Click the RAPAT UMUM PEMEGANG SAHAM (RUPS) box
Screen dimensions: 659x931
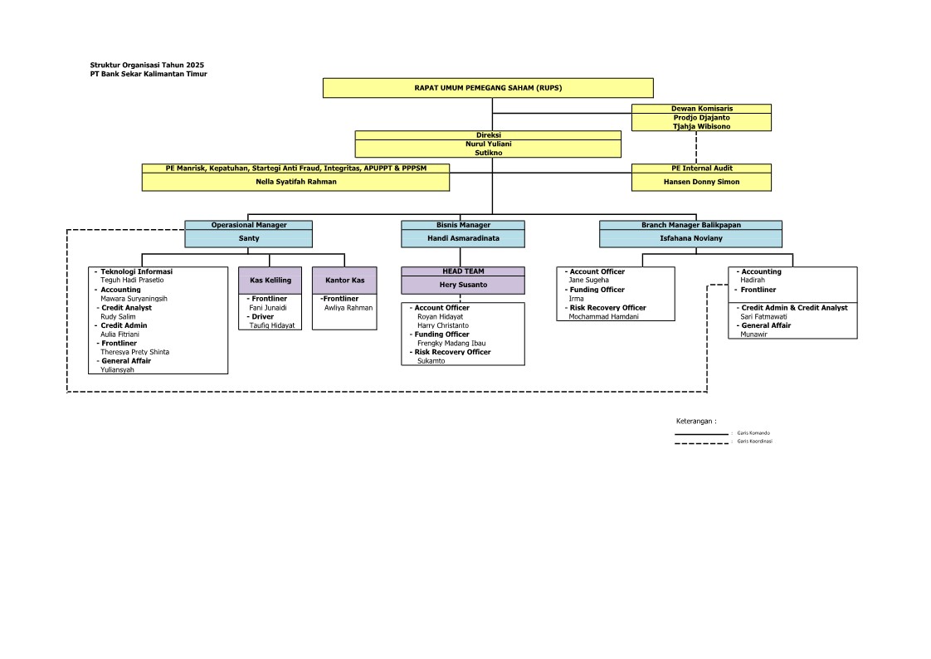click(488, 88)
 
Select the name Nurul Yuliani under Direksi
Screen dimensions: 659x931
click(488, 144)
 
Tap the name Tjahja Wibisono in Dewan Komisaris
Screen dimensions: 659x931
click(701, 126)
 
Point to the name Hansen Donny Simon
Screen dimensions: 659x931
click(701, 181)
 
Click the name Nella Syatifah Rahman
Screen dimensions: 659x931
click(296, 181)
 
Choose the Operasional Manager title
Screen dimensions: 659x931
click(249, 225)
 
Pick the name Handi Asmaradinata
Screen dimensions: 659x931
click(463, 238)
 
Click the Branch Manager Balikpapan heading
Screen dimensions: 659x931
click(690, 225)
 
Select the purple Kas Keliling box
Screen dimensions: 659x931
click(271, 281)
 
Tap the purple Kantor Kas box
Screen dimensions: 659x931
click(344, 281)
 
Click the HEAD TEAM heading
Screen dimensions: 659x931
click(463, 271)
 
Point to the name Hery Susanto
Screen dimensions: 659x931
click(463, 285)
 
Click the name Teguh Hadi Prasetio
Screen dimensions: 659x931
click(132, 281)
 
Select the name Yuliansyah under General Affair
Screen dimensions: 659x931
click(117, 370)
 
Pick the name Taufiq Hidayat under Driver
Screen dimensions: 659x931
click(272, 325)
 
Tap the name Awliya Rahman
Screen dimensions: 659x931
click(348, 308)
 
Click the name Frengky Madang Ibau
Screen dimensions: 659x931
click(451, 343)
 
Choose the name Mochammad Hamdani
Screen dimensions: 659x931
click(603, 316)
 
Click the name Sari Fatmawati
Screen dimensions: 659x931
click(764, 316)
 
